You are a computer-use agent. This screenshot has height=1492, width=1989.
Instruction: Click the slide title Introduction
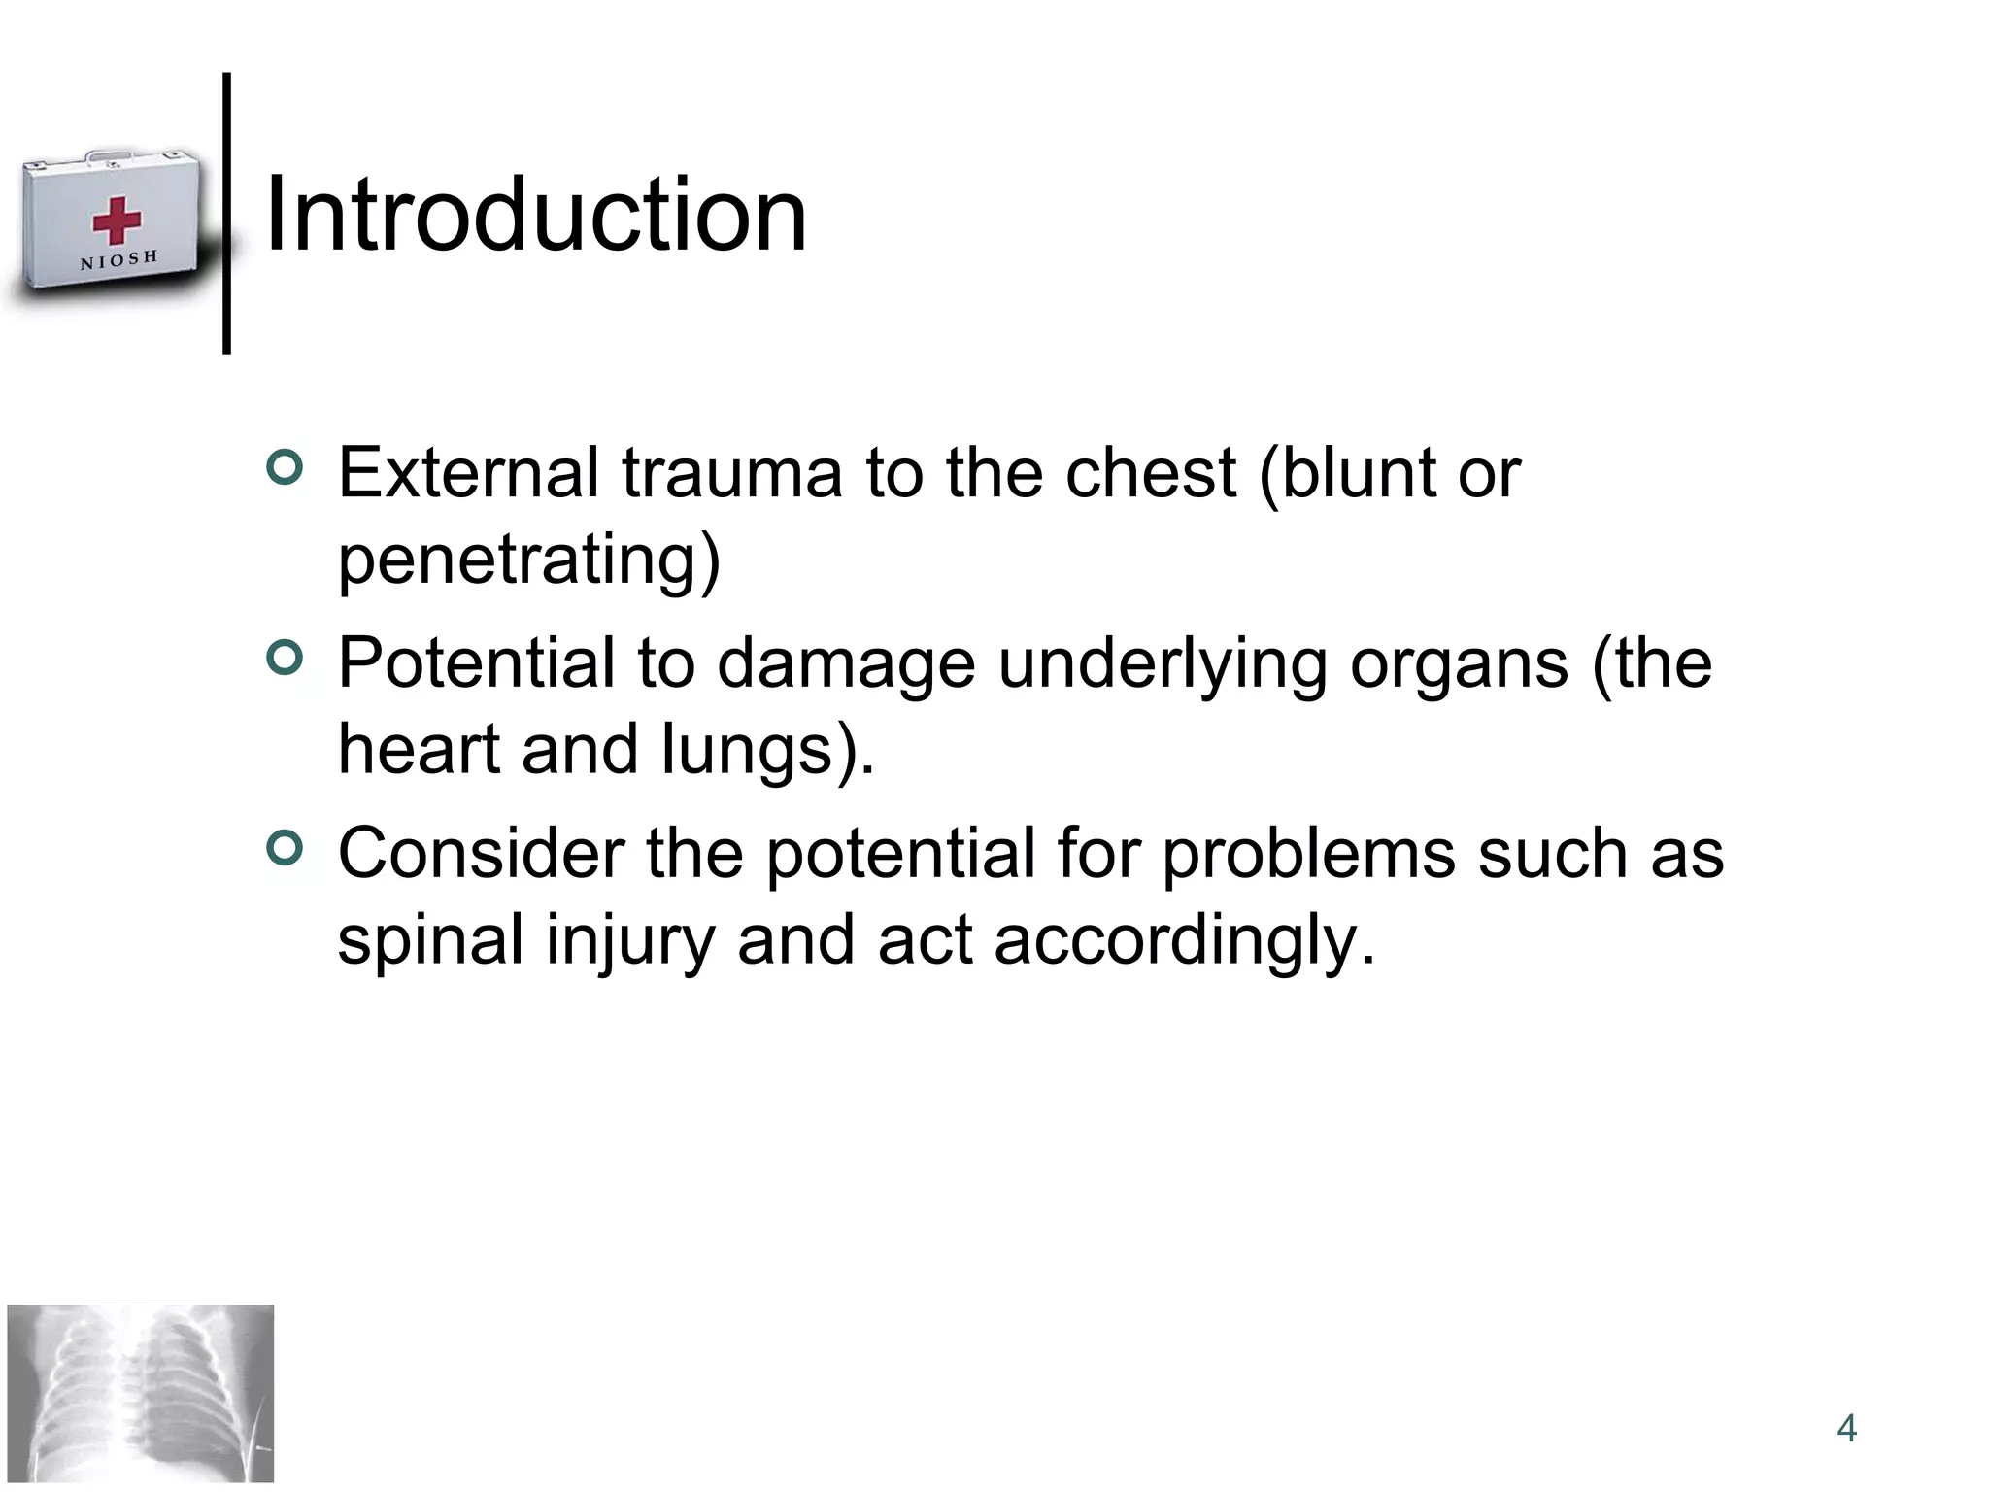click(535, 215)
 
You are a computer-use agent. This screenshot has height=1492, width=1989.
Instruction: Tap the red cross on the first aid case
click(117, 220)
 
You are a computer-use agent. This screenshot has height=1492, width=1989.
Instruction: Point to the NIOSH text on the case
click(118, 260)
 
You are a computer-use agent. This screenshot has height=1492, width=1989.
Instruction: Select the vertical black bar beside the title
click(226, 213)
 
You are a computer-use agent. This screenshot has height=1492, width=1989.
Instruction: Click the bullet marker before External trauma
click(285, 467)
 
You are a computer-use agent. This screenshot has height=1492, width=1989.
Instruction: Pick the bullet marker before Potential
click(285, 658)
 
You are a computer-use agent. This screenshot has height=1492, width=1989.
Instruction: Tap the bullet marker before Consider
click(285, 848)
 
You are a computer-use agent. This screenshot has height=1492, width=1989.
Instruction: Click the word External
click(468, 473)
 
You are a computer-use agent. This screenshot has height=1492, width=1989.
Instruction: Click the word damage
click(846, 665)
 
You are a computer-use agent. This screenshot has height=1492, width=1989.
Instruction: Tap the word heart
click(419, 749)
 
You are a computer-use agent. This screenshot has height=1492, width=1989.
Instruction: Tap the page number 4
click(1846, 1428)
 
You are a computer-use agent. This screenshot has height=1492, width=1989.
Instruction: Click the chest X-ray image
click(141, 1393)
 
